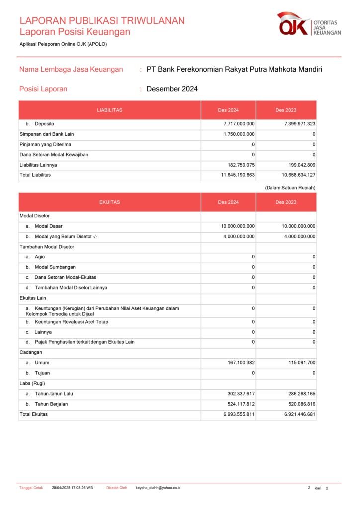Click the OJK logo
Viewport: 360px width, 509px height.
tap(309, 25)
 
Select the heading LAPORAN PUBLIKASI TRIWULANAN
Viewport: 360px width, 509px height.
tap(102, 21)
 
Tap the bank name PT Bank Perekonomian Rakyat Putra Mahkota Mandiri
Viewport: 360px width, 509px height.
tap(234, 69)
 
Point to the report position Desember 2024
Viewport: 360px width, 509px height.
tap(172, 89)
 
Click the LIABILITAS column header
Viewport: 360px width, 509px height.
tap(110, 110)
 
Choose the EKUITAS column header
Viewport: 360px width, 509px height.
tap(110, 202)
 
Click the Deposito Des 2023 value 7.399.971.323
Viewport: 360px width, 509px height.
tap(300, 124)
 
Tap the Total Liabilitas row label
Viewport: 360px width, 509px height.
tap(35, 175)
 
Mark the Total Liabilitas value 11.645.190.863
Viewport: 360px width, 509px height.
tap(238, 175)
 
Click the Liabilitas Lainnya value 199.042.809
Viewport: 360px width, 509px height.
tap(300, 165)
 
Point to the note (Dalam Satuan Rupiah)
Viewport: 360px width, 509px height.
tap(290, 187)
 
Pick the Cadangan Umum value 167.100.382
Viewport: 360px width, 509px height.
tap(241, 363)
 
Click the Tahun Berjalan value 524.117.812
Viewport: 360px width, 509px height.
tap(241, 404)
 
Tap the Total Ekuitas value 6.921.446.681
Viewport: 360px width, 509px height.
tap(300, 414)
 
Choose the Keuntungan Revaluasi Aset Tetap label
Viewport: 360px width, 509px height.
tap(72, 322)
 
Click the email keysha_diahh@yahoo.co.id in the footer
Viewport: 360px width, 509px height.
tap(158, 488)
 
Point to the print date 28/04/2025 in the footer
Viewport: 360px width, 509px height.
tap(62, 488)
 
